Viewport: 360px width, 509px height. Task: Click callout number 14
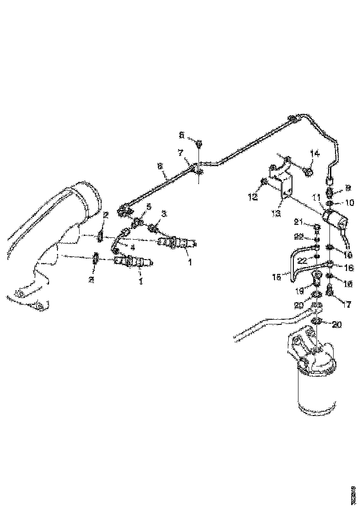coord(315,154)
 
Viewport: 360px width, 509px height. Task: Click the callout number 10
coord(349,203)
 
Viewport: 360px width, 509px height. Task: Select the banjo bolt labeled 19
coord(317,280)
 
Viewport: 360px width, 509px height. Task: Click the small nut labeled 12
coord(264,181)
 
